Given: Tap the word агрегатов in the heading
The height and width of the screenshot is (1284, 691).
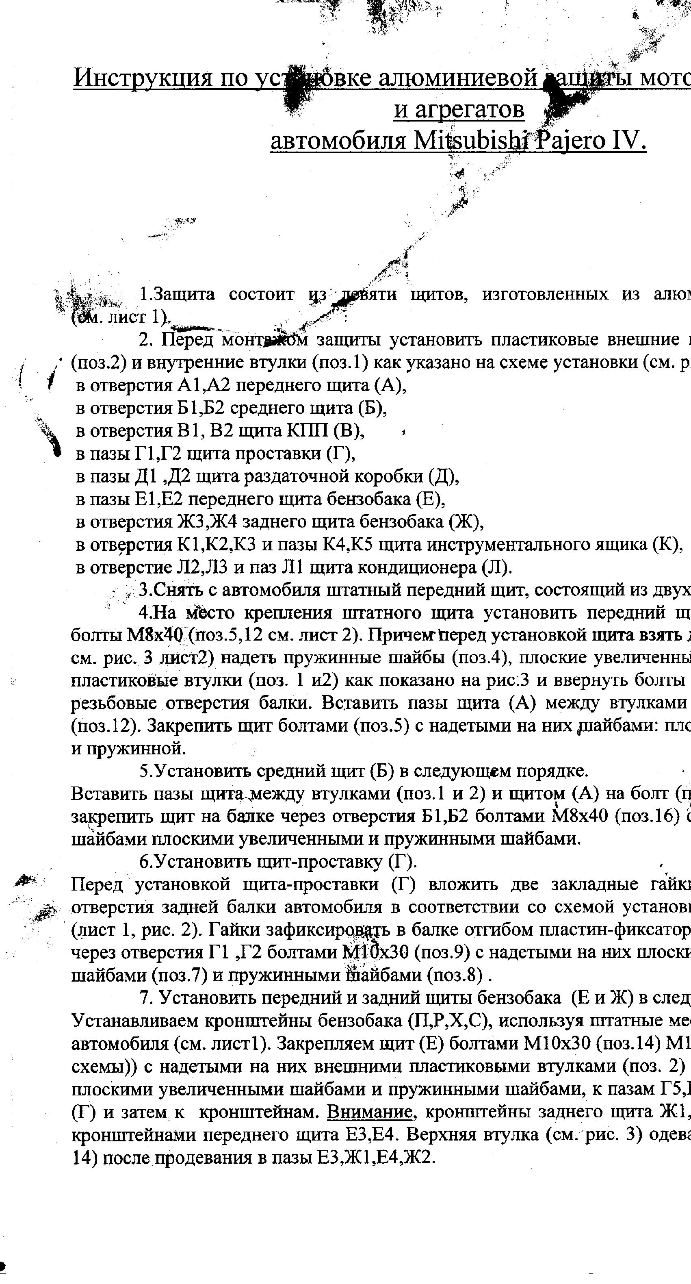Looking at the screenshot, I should [459, 110].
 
